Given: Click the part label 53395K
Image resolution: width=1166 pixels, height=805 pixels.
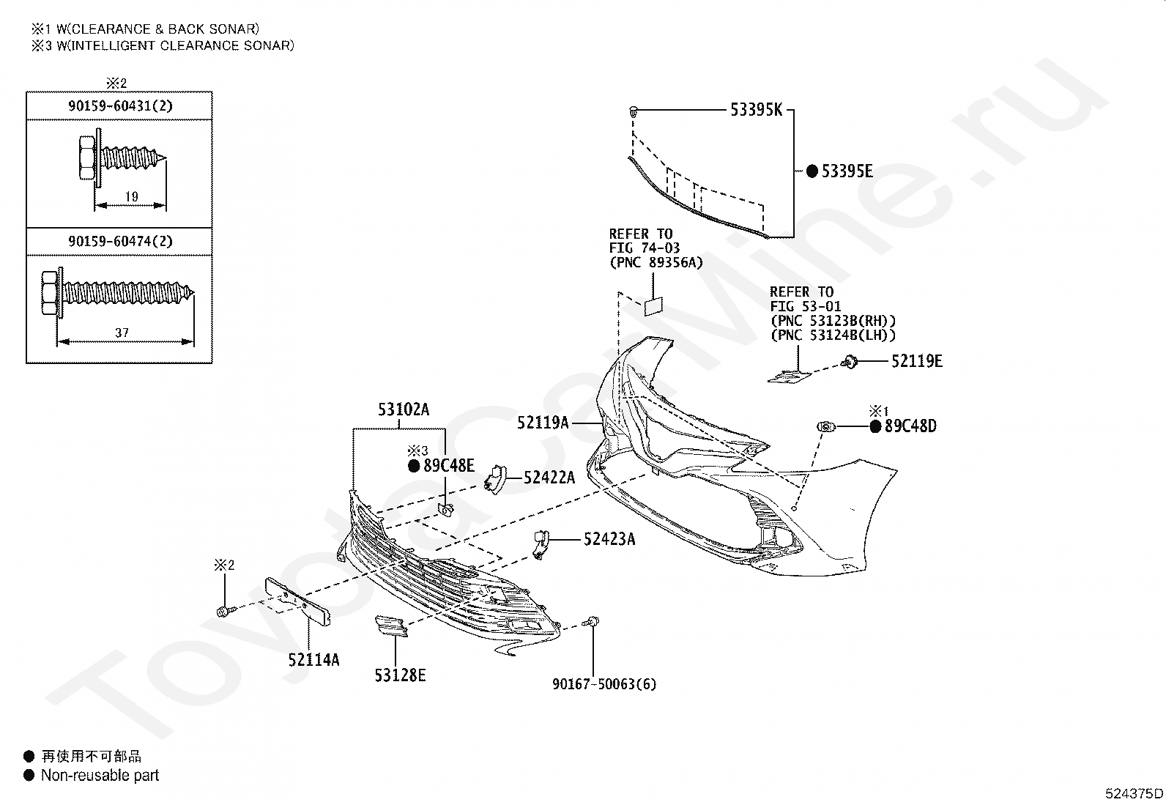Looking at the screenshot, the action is point(756,110).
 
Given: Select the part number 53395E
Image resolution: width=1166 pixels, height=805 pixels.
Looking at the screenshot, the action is point(847,171).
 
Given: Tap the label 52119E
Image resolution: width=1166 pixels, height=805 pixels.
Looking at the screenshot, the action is point(917,361).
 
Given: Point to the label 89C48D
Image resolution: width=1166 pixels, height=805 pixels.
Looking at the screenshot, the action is point(910,426).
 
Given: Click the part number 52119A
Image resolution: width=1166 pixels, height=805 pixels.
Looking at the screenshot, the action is point(543,423).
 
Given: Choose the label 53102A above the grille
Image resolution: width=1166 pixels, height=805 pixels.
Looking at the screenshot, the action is point(404,409).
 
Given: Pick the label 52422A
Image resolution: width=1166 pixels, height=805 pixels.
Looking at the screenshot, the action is point(549,478).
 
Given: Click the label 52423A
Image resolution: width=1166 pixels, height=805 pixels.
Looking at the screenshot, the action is point(609,539).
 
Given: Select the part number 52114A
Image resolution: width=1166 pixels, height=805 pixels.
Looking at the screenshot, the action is point(314,660).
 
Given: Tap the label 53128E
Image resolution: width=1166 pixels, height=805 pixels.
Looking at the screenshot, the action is point(401,676).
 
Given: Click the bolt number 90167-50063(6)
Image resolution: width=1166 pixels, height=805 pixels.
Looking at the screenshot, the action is point(604,684).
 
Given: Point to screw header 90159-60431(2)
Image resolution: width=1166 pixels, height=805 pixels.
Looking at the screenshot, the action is point(120,106).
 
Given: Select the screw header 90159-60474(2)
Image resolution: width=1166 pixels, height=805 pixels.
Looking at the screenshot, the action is point(120,242).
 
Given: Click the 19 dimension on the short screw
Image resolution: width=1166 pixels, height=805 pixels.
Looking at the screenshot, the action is point(132,197).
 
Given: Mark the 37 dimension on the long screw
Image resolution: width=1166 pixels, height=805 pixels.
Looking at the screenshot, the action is point(122,333).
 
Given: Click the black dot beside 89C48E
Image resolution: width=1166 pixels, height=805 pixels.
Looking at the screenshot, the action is point(414,467).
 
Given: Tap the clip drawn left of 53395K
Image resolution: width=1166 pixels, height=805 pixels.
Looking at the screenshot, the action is point(633,111).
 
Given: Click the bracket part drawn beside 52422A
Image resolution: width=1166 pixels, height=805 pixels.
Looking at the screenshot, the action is point(496,479).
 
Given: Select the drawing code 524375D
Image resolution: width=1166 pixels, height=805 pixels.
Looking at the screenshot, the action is point(1134,793).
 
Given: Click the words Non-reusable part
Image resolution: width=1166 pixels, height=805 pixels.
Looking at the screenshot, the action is point(100,775).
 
